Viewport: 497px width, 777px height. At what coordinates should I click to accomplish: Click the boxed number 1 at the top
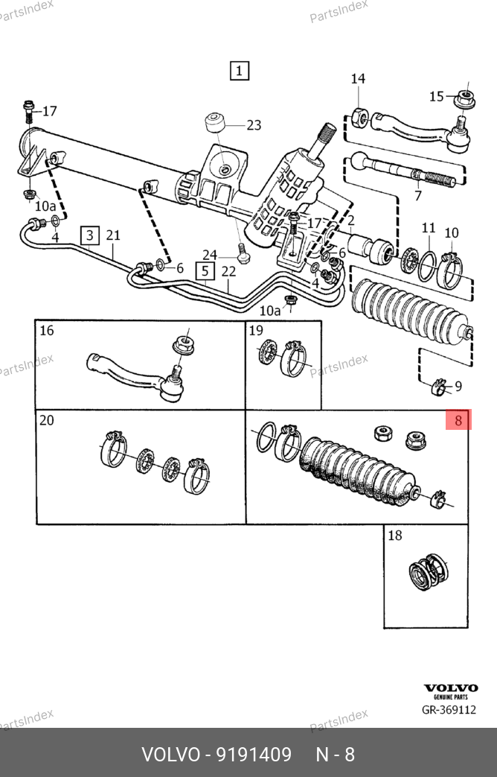(239, 71)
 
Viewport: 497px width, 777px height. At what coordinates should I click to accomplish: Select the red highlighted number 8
(458, 421)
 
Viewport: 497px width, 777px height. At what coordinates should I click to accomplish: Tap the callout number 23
(254, 125)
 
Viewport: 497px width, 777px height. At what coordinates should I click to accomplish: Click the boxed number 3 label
(89, 236)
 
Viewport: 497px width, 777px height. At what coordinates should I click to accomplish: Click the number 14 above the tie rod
(358, 79)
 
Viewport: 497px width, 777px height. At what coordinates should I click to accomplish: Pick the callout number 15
(437, 96)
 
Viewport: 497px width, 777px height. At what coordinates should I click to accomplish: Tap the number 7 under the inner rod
(418, 197)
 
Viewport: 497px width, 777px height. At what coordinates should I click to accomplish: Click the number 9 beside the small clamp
(458, 386)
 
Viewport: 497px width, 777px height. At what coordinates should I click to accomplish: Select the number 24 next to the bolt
(210, 254)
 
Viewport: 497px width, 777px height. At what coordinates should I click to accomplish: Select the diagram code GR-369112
(449, 710)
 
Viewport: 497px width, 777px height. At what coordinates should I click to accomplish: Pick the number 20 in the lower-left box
(46, 421)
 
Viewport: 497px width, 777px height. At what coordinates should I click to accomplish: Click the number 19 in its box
(256, 331)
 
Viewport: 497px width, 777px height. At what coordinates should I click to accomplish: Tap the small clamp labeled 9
(439, 387)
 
